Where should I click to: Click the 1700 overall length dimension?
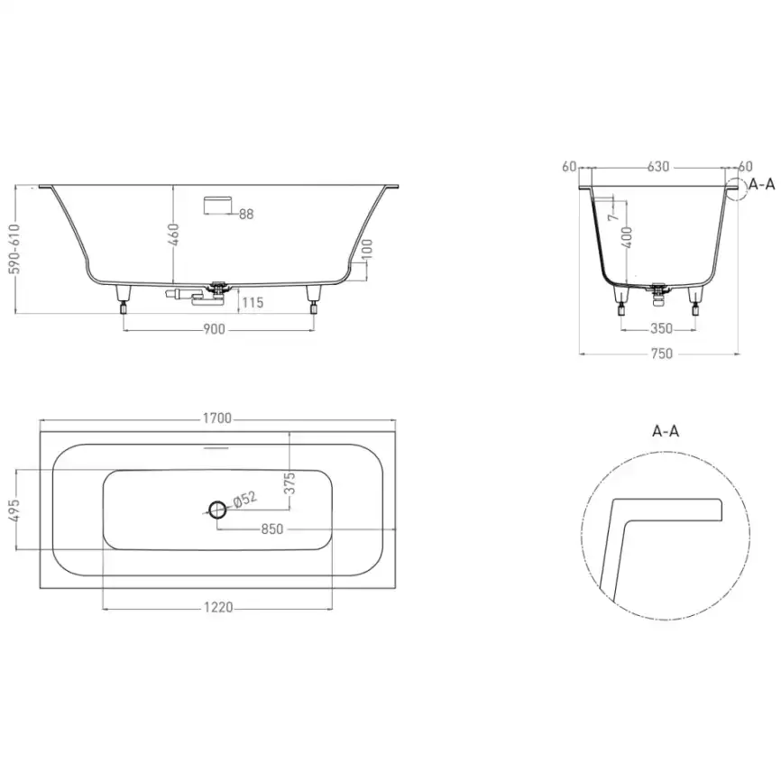click(x=217, y=418)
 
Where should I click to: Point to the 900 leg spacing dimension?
click(x=213, y=329)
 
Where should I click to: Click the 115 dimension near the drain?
click(x=253, y=303)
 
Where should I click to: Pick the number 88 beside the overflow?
click(x=246, y=215)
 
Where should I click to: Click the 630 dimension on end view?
click(x=658, y=167)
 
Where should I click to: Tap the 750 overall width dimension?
click(x=662, y=354)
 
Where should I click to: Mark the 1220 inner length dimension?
click(x=217, y=608)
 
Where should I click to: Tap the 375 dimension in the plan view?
click(x=289, y=485)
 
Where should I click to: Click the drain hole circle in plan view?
click(x=217, y=510)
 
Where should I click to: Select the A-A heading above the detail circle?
click(x=665, y=430)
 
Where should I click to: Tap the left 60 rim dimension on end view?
click(x=568, y=167)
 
